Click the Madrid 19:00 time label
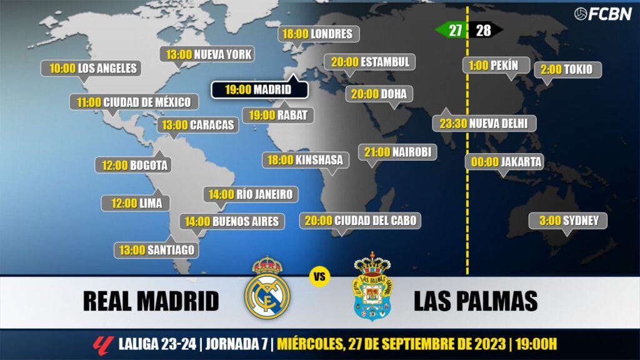pyautogui.click(x=259, y=89)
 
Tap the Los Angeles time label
pyautogui.click(x=91, y=69)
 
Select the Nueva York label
pyautogui.click(x=209, y=54)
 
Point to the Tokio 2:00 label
pyautogui.click(x=567, y=69)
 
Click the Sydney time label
pyautogui.click(x=569, y=221)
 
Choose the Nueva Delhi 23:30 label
pyautogui.click(x=484, y=124)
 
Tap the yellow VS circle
pyautogui.click(x=319, y=276)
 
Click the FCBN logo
pyautogui.click(x=602, y=13)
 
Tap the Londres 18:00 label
pyautogui.click(x=319, y=34)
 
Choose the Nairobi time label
pyautogui.click(x=397, y=152)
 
